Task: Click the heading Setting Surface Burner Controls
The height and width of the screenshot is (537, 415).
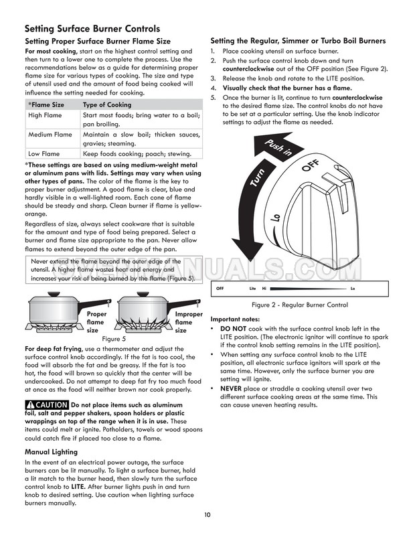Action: (92, 29)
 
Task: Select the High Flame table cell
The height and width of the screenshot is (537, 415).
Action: (44, 115)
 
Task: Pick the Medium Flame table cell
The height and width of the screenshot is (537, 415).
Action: (50, 135)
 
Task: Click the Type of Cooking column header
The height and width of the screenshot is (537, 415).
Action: (106, 105)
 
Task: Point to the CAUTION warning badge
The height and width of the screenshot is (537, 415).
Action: (46, 405)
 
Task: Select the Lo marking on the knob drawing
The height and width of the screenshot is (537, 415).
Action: (276, 220)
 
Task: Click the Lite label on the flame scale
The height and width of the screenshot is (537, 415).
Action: (252, 289)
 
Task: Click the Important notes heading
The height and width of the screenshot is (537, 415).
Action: (240, 319)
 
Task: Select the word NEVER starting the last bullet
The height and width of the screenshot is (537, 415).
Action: (233, 388)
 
